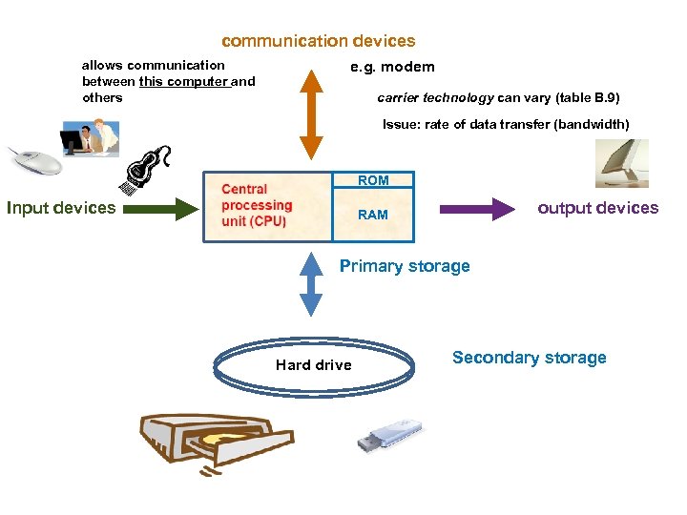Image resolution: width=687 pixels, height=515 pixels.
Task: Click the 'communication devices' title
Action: (x=318, y=41)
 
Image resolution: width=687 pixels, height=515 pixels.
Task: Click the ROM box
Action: (x=373, y=180)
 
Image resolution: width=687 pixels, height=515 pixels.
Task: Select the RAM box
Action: (x=373, y=215)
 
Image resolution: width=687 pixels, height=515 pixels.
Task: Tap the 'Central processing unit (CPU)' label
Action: (x=257, y=205)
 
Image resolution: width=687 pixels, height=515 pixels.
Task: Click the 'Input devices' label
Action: (x=61, y=208)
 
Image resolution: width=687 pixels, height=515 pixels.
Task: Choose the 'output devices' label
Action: (x=597, y=208)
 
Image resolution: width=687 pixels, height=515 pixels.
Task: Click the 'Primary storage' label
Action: (x=405, y=266)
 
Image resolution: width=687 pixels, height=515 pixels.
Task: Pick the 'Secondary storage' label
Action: (x=529, y=358)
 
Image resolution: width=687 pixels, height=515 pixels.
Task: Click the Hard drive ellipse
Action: (x=313, y=364)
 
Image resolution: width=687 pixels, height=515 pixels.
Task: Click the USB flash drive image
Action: (x=388, y=435)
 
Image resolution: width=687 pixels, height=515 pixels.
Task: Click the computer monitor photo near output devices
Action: (x=621, y=163)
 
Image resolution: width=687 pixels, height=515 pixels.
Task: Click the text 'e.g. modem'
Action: (x=391, y=67)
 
